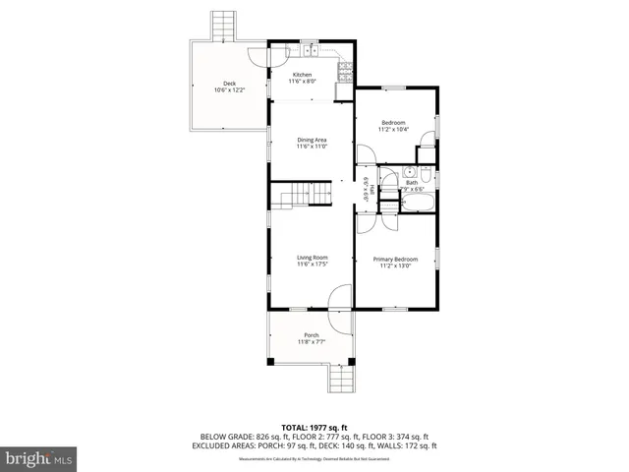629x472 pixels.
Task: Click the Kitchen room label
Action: [x=302, y=75]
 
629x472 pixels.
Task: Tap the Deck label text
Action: [x=229, y=84]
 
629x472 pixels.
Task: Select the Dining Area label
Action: [x=312, y=140]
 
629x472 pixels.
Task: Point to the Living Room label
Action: [x=312, y=259]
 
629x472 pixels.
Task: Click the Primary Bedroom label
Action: [x=396, y=260]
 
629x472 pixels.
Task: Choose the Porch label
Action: [x=311, y=335]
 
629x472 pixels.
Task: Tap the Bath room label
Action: [x=412, y=182]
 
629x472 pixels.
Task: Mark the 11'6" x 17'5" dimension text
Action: [x=312, y=265]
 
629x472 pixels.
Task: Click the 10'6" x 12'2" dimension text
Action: [x=229, y=90]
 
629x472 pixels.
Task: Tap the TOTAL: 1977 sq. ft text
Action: [x=314, y=427]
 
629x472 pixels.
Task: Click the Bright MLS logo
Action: [x=39, y=457]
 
